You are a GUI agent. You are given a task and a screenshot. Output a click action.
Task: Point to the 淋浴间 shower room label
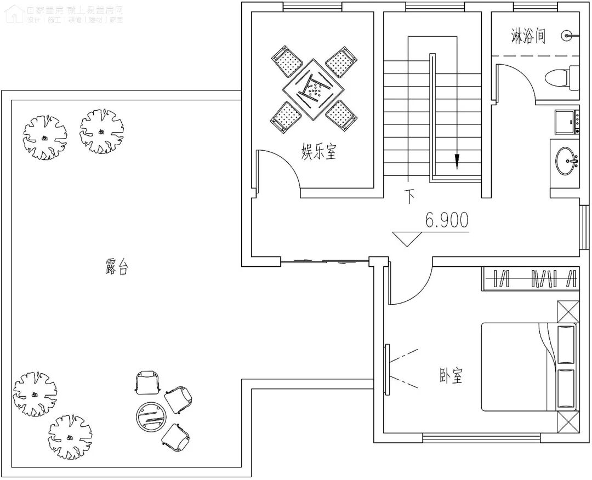point(528,37)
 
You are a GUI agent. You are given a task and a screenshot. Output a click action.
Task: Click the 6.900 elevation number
point(447,220)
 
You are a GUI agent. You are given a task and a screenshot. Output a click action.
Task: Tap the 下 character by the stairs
point(409,196)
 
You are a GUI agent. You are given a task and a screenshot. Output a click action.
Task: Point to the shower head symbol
point(567,36)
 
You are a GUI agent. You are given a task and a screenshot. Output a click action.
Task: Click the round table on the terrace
point(150,415)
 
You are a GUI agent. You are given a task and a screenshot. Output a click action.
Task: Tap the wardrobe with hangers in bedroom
point(530,279)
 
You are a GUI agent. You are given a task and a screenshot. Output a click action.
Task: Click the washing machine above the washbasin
point(565,121)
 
